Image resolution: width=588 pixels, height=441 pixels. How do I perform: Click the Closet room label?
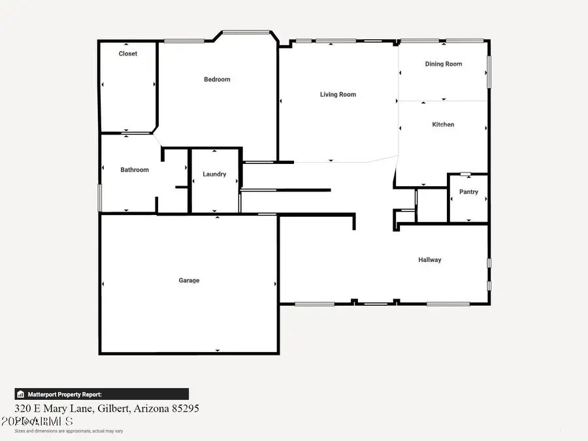pyautogui.click(x=128, y=54)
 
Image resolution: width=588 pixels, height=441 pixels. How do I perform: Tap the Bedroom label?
pyautogui.click(x=217, y=80)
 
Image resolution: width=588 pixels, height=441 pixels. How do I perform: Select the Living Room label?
pyautogui.click(x=338, y=95)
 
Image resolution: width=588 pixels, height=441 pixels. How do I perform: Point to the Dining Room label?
pyautogui.click(x=444, y=64)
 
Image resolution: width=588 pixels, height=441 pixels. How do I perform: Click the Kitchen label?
pyautogui.click(x=443, y=125)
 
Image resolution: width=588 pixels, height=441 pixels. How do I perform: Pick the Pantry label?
pyautogui.click(x=468, y=192)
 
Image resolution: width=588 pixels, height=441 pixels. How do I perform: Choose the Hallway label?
pyautogui.click(x=430, y=260)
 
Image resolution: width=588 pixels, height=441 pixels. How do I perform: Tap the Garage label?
pyautogui.click(x=189, y=281)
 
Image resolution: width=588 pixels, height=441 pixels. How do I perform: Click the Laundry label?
pyautogui.click(x=214, y=174)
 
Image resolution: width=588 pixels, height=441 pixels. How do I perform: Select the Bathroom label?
pyautogui.click(x=135, y=170)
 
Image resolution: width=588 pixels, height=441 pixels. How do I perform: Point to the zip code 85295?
pyautogui.click(x=185, y=408)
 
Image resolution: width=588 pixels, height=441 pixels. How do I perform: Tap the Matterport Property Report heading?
pyautogui.click(x=64, y=395)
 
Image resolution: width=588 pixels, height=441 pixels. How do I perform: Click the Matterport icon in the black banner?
pyautogui.click(x=21, y=395)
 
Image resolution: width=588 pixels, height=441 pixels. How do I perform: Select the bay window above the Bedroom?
pyautogui.click(x=246, y=31)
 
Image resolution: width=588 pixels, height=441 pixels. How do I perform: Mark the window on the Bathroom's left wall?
pyautogui.click(x=99, y=197)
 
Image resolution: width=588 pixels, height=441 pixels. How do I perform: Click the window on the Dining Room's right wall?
pyautogui.click(x=489, y=72)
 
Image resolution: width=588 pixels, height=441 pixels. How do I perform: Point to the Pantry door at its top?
pyautogui.click(x=465, y=174)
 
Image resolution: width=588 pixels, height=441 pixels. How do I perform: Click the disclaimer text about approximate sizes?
pyautogui.click(x=69, y=431)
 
